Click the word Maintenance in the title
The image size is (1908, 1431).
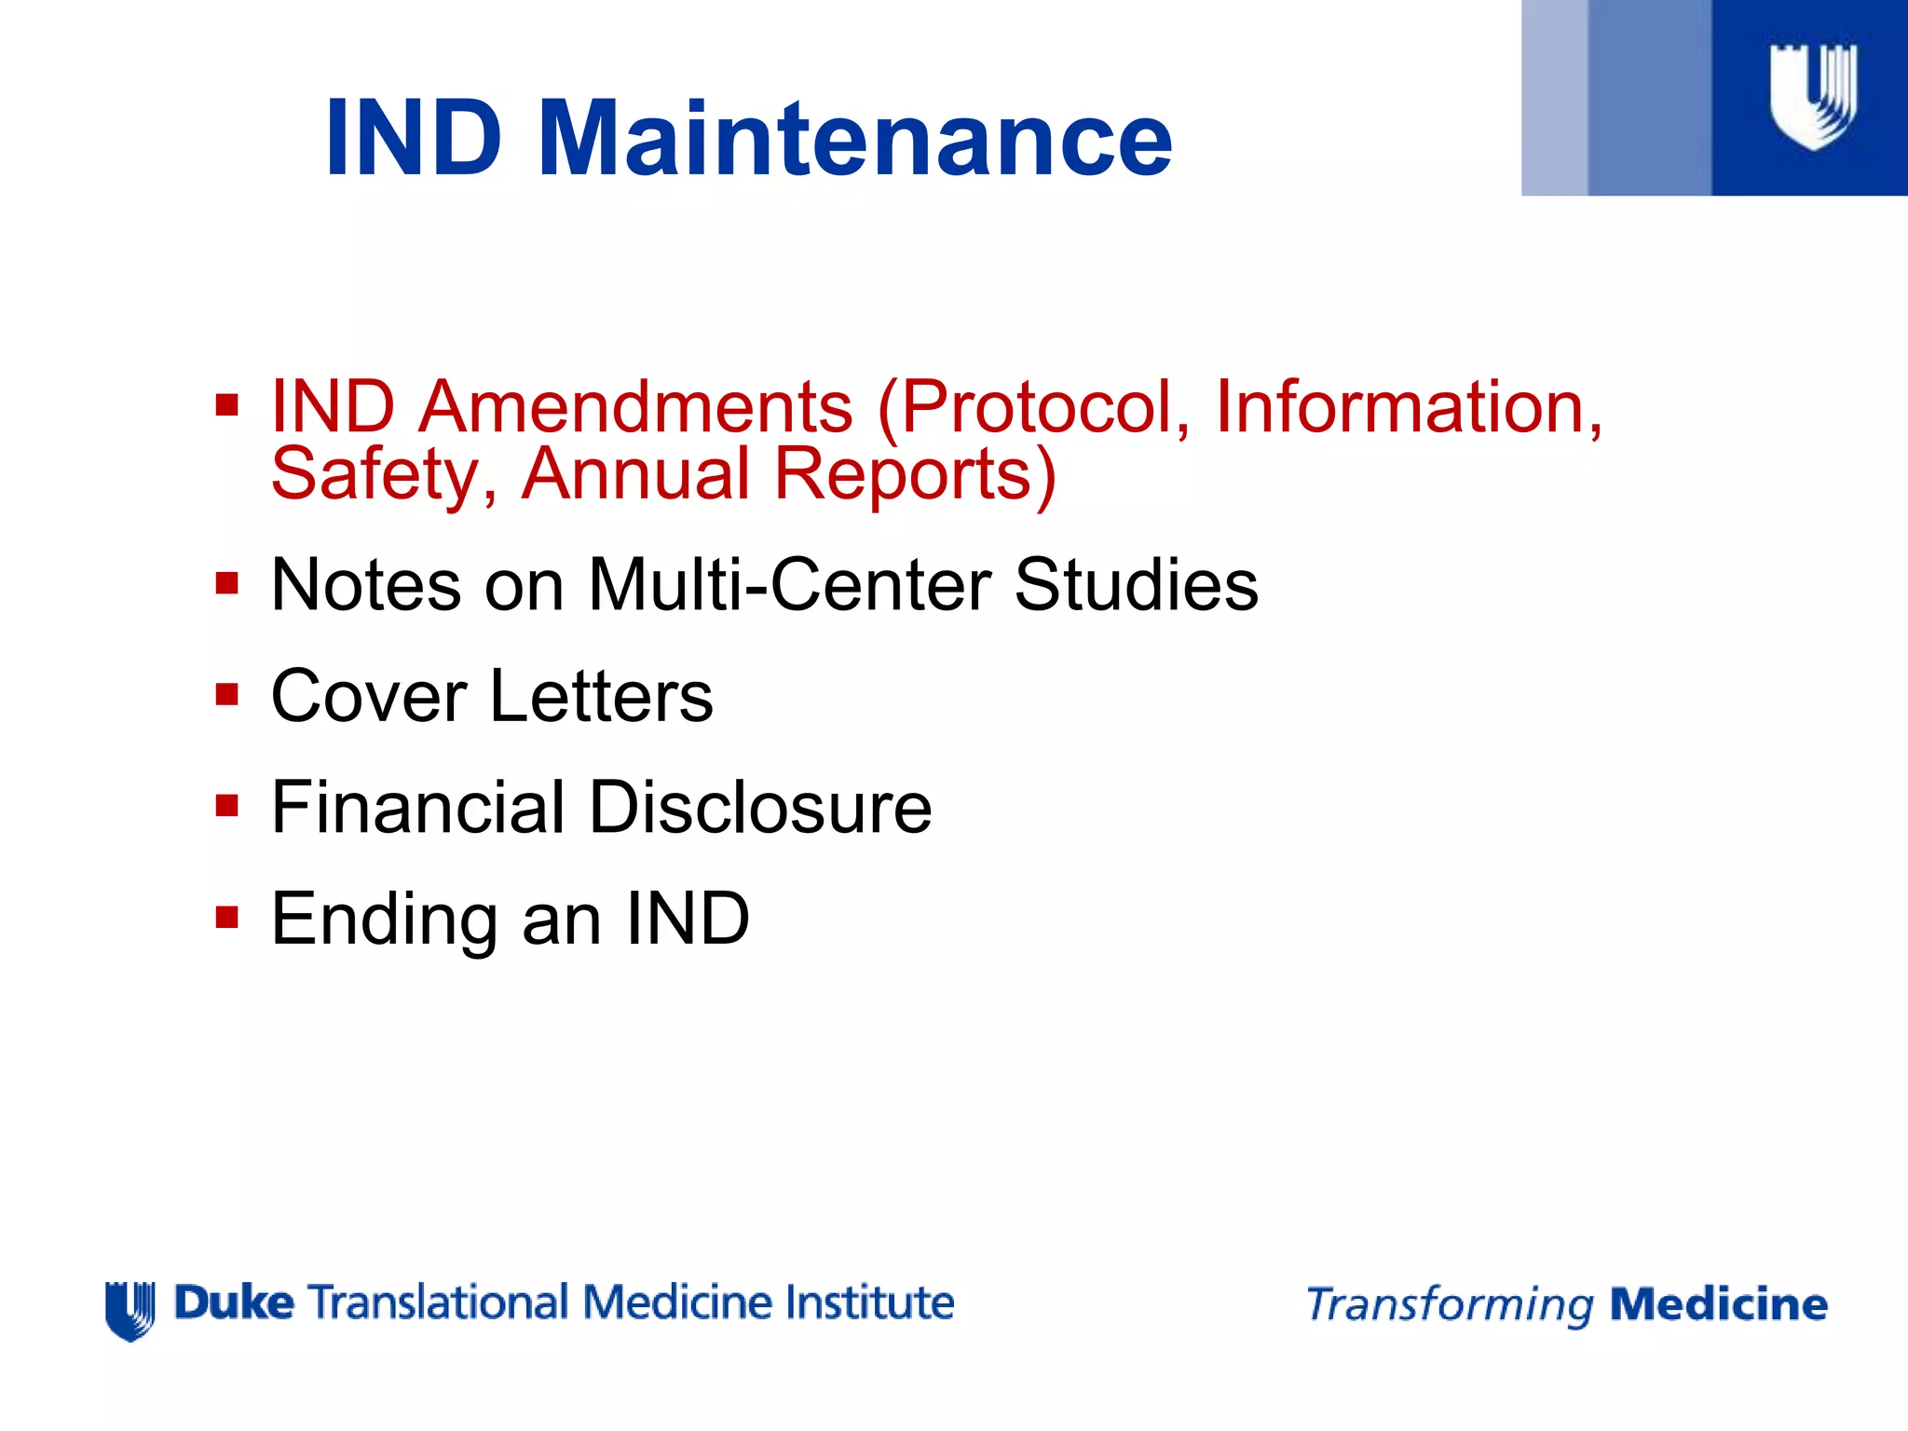tap(854, 140)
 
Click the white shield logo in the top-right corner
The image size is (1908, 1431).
tap(1813, 97)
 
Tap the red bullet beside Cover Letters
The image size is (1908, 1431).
tap(226, 695)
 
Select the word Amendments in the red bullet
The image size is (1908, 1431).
tap(634, 407)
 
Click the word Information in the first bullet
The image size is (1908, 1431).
tap(1408, 407)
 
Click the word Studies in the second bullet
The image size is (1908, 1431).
tap(1136, 585)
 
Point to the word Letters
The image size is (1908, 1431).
tap(601, 696)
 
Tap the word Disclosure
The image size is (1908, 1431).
tap(759, 807)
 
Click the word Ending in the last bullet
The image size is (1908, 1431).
tap(385, 920)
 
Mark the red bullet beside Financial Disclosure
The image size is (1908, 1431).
tap(226, 806)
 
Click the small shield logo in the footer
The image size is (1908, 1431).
tap(129, 1310)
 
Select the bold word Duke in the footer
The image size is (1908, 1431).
tap(234, 1302)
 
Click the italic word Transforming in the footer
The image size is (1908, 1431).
tap(1450, 1305)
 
